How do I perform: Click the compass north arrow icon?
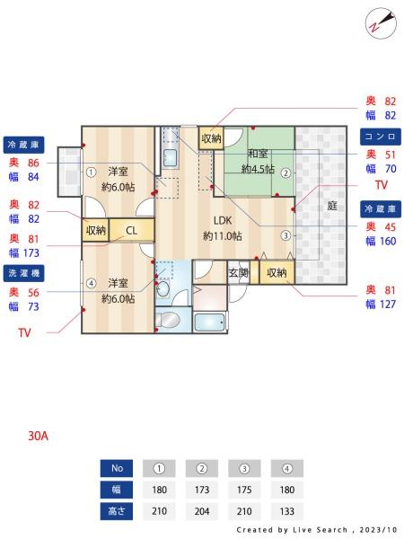tap(381, 23)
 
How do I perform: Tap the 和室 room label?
tap(258, 154)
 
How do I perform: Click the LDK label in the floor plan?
tap(223, 220)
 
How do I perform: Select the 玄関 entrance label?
tap(239, 273)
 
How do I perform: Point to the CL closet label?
tap(132, 231)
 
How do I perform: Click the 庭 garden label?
tap(332, 206)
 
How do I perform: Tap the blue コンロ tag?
tap(381, 137)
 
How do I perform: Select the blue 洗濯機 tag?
tap(23, 273)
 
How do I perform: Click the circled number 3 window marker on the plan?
tap(285, 235)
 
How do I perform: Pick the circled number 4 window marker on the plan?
tap(91, 284)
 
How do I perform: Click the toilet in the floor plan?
tap(169, 320)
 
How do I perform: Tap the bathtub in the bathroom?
tap(210, 323)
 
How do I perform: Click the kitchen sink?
tap(170, 159)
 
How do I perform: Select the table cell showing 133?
tap(287, 511)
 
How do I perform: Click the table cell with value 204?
tap(202, 511)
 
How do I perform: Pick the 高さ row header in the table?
tap(117, 511)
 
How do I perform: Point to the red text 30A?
tap(38, 436)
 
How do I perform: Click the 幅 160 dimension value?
tap(381, 241)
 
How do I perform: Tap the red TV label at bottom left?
tap(24, 332)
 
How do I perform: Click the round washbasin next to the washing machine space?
tap(163, 288)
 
